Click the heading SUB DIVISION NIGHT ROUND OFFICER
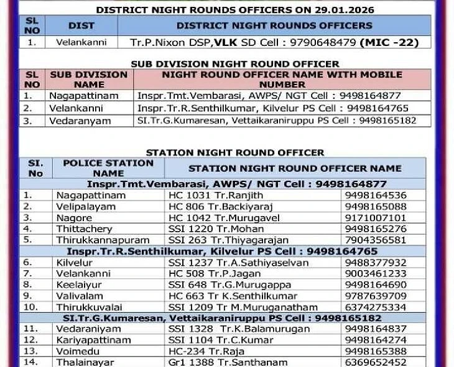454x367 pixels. click(234, 63)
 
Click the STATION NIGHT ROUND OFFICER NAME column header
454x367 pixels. click(295, 168)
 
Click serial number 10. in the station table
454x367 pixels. click(32, 307)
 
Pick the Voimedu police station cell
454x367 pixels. click(76, 351)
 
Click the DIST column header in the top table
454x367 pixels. click(81, 25)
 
